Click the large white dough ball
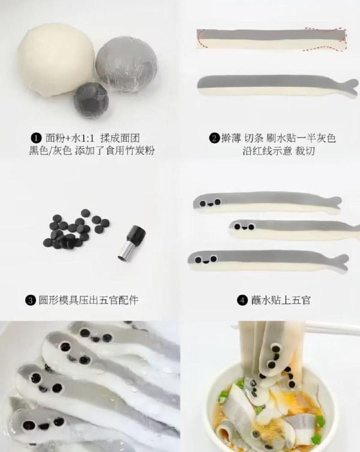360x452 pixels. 56,60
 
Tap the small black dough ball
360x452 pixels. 91,100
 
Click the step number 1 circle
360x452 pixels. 36,138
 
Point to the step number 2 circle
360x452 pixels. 214,138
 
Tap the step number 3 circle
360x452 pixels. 30,300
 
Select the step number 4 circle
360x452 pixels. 242,300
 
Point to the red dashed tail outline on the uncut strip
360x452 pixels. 326,39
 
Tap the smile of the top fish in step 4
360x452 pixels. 210,204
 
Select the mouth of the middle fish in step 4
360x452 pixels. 244,228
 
